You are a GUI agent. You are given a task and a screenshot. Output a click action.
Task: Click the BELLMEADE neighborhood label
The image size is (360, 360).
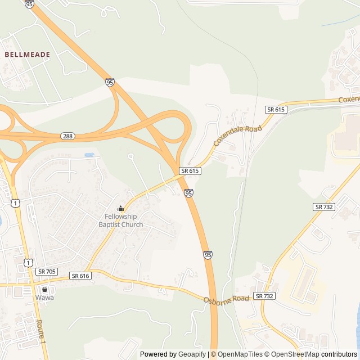[x=28, y=55]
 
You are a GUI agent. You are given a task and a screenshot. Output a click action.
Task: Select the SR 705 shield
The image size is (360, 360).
[x=47, y=271]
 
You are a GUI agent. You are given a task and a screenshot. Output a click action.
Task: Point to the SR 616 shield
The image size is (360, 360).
[x=80, y=276]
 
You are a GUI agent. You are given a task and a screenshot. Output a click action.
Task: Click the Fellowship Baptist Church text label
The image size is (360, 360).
[x=121, y=220]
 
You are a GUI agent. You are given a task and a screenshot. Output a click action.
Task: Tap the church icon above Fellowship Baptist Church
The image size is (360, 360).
[x=120, y=208]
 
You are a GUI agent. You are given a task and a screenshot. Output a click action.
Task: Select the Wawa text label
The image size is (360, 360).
[x=44, y=298]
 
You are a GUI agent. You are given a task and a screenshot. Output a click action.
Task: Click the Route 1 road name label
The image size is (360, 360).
[x=40, y=332]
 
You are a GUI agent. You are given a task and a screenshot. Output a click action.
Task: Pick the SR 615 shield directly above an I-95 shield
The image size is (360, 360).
[x=190, y=170]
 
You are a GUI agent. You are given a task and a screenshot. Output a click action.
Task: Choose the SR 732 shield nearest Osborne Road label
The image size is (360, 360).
[x=264, y=296]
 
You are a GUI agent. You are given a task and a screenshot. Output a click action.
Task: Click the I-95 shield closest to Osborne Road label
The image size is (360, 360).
[x=208, y=255]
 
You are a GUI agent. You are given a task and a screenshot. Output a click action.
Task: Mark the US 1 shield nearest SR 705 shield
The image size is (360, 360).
[x=29, y=262]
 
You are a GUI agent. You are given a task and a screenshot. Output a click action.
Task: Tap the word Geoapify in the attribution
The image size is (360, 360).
[x=192, y=354]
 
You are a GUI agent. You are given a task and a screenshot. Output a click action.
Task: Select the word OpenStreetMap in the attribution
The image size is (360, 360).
[x=291, y=354]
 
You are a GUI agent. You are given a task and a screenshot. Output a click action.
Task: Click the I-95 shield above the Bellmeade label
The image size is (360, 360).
[x=30, y=4]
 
